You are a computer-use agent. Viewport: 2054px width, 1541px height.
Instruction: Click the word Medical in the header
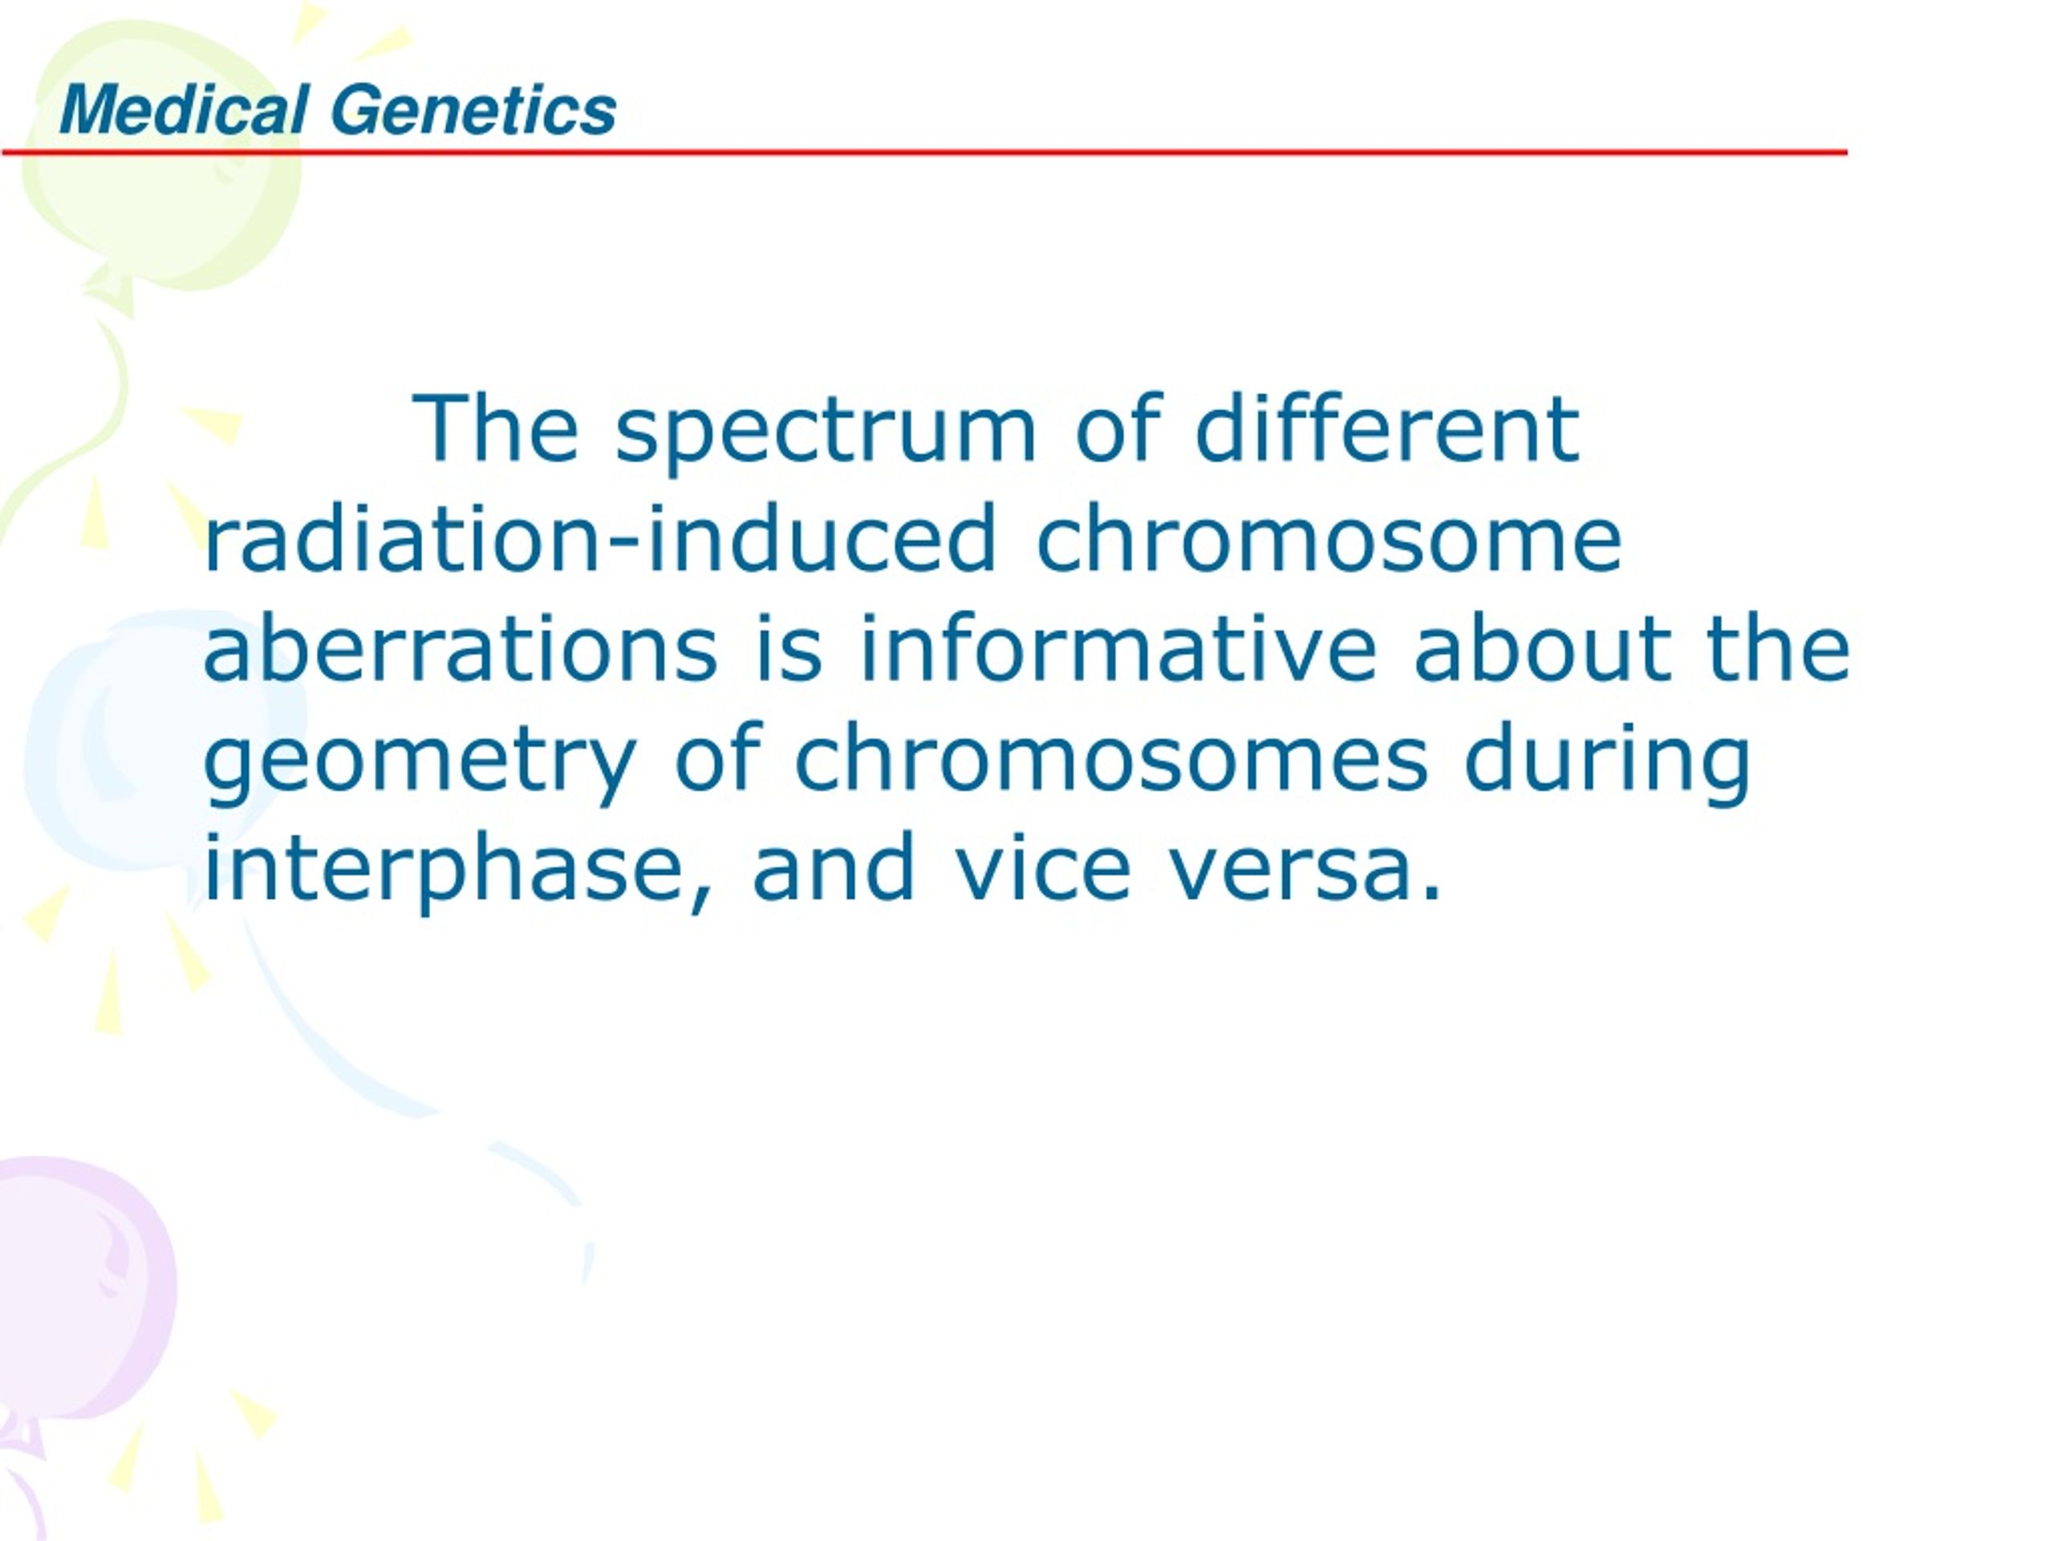click(184, 110)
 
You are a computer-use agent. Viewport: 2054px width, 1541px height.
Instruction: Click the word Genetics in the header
click(473, 110)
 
